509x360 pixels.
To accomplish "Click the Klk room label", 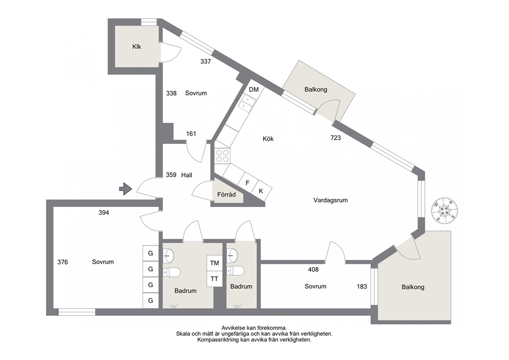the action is pyautogui.click(x=136, y=47).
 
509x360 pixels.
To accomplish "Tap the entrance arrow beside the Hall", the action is pyautogui.click(x=126, y=189).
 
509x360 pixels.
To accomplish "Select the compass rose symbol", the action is pyautogui.click(x=444, y=211).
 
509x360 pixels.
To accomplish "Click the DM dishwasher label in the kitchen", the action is pyautogui.click(x=254, y=89).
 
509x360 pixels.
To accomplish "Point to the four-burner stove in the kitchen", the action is pyautogui.click(x=222, y=155).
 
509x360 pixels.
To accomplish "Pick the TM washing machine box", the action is pyautogui.click(x=214, y=263).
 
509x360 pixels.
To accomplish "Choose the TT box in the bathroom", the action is pyautogui.click(x=214, y=279).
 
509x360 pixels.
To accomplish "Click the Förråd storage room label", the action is pyautogui.click(x=226, y=195).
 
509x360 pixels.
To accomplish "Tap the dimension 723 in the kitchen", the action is pyautogui.click(x=336, y=138).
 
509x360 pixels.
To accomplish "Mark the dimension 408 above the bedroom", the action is pyautogui.click(x=314, y=269).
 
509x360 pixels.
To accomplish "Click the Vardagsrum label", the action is pyautogui.click(x=330, y=200).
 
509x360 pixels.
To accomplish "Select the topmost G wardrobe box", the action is pyautogui.click(x=151, y=253).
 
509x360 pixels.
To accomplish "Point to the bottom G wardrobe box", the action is pyautogui.click(x=151, y=300).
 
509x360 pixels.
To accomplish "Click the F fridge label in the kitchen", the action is pyautogui.click(x=247, y=183).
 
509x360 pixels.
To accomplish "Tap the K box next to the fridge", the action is pyautogui.click(x=261, y=191).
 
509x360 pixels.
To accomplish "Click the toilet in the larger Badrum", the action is pyautogui.click(x=172, y=272).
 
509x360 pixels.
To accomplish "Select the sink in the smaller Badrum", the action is pyautogui.click(x=232, y=255).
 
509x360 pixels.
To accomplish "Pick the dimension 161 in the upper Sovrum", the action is pyautogui.click(x=191, y=134).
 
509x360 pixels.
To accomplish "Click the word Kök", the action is pyautogui.click(x=268, y=139).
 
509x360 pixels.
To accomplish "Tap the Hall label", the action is pyautogui.click(x=187, y=175).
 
